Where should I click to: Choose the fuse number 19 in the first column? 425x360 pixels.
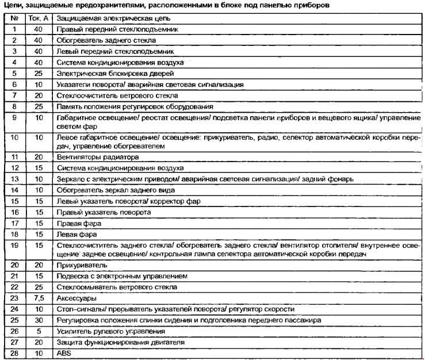pos(14,246)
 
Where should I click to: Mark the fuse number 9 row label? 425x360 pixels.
pos(14,117)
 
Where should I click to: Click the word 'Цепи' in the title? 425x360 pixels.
pos(12,5)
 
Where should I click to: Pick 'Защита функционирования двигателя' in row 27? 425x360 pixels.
pos(120,342)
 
